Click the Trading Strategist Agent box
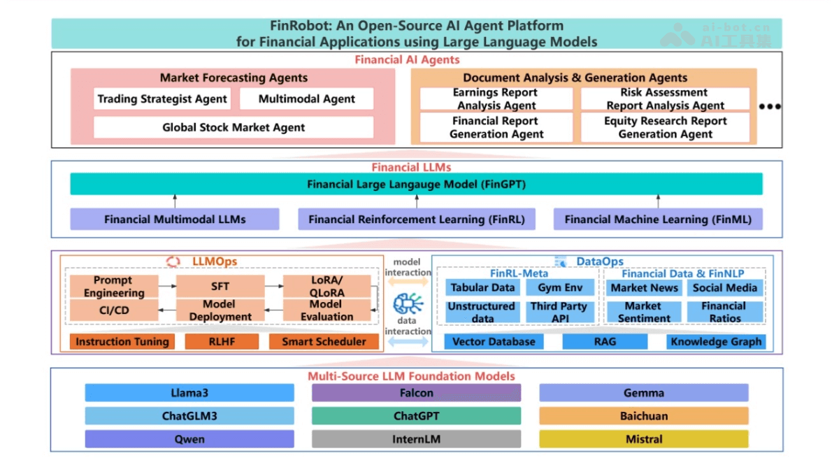point(162,99)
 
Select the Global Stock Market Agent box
point(234,127)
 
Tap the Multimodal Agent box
point(306,99)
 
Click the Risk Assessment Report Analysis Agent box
point(665,99)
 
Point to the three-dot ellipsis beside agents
point(769,107)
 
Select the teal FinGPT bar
point(416,185)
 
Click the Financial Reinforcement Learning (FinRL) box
point(416,219)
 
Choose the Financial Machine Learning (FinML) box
point(657,219)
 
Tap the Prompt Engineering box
point(113,287)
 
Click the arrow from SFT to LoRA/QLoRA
point(273,287)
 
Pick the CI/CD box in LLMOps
point(113,310)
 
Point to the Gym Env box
point(560,287)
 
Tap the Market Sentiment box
point(643,311)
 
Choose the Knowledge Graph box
point(716,341)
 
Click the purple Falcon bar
point(416,393)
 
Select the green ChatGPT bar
point(416,416)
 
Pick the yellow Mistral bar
point(643,439)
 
